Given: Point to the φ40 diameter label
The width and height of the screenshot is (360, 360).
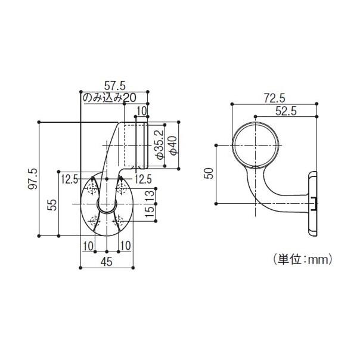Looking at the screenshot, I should [173, 144].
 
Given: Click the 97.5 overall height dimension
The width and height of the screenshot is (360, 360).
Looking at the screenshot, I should [33, 179].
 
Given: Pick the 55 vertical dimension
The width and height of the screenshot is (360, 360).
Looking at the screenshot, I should [52, 204].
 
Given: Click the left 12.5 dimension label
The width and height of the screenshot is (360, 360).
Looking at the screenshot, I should [70, 178].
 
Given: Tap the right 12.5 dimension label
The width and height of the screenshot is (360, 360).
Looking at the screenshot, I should [142, 178].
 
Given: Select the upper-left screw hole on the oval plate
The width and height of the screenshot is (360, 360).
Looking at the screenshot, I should [93, 189].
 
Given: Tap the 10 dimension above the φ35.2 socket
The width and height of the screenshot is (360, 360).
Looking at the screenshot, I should [141, 110].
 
